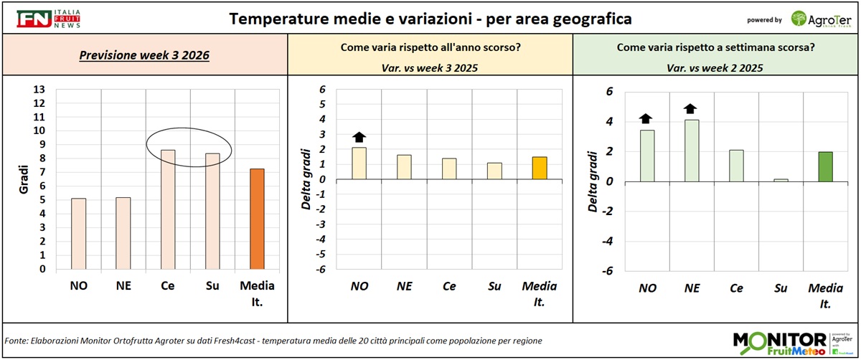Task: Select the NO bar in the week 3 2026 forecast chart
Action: [79, 234]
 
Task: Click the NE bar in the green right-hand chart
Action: [691, 151]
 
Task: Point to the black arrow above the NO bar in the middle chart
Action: [359, 136]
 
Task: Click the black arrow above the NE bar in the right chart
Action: [690, 109]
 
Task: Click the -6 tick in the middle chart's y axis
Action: [323, 269]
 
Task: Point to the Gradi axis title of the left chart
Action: [23, 179]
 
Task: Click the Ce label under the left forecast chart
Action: [168, 286]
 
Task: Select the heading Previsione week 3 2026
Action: [144, 55]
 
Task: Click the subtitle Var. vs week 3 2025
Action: [430, 68]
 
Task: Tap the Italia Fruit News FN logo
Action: [49, 19]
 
